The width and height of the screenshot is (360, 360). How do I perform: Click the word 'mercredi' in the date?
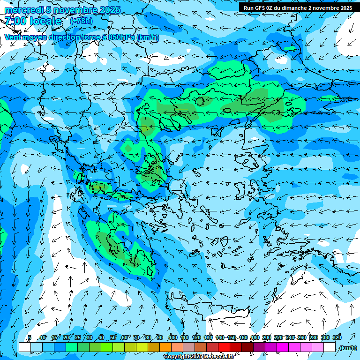point(22,10)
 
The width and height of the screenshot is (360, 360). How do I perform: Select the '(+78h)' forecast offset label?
point(81,21)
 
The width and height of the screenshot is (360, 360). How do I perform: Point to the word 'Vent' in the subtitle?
point(13,37)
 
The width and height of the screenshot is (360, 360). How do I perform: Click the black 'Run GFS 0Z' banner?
point(298,8)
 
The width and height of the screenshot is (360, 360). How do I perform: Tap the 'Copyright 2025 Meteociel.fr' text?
point(198,357)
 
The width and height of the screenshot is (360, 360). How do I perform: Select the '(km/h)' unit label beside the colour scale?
point(347,348)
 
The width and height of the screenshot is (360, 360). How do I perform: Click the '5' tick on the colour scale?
point(30,337)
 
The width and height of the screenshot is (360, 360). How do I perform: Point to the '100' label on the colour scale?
point(172,337)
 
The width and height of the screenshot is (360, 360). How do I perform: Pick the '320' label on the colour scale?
point(337,337)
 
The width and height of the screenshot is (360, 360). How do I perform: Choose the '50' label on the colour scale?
point(112,337)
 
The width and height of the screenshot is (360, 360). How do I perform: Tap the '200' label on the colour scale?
point(266,337)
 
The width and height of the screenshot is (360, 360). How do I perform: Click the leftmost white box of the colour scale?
point(24,347)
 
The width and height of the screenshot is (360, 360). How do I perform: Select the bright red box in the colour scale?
point(224,347)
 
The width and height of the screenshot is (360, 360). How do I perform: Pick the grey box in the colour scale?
point(188,347)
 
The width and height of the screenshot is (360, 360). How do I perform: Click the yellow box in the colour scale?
point(142,347)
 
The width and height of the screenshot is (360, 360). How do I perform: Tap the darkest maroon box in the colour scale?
point(247,347)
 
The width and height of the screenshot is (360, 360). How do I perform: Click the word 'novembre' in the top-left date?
point(75,10)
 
